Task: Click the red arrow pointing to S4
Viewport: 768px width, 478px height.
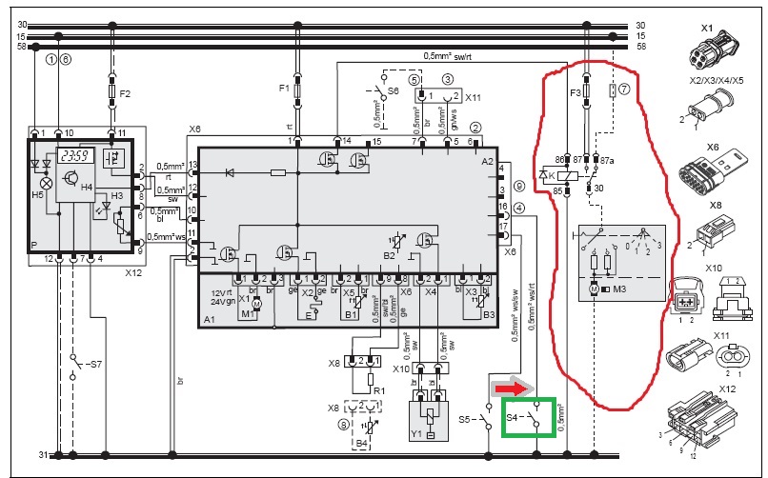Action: coord(507,388)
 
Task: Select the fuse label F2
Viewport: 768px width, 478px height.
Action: coord(125,93)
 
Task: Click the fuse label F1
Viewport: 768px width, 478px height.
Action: coord(284,88)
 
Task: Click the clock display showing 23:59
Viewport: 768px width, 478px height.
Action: coord(71,157)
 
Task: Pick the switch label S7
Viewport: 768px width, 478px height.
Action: coord(92,365)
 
